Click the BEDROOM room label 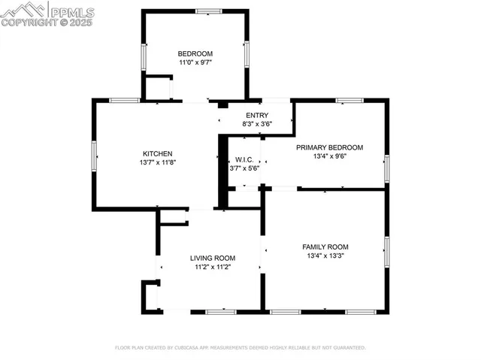tap(195, 53)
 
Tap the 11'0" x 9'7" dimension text tap(195, 63)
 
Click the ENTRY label tap(256, 115)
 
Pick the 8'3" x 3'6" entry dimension tap(256, 123)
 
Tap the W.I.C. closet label tap(244, 159)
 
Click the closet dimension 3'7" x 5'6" tap(244, 168)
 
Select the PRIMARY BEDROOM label tap(329, 147)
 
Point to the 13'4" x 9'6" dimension tap(329, 157)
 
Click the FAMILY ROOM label tap(325, 247)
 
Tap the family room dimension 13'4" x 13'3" tap(325, 256)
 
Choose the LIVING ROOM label tap(213, 258)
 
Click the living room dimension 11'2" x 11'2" tap(213, 267)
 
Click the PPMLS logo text tap(71, 11)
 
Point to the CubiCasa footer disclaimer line tap(240, 348)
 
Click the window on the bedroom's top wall tap(209, 11)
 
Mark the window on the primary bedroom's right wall tap(386, 167)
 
